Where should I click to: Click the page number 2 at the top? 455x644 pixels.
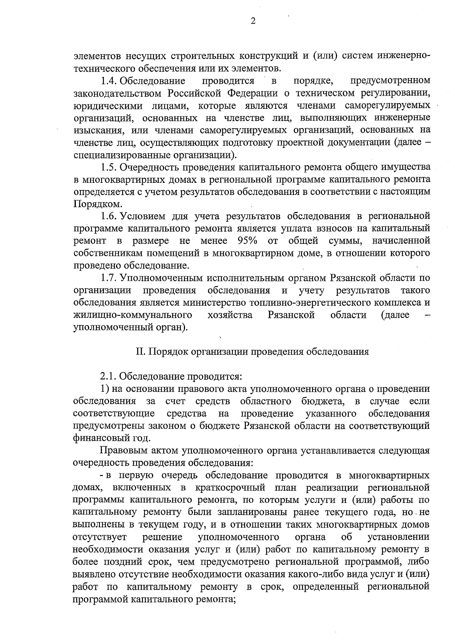(x=253, y=21)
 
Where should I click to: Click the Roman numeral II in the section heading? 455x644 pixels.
(x=139, y=352)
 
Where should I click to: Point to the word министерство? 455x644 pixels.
(x=215, y=303)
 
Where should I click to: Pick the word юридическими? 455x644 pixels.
(x=99, y=105)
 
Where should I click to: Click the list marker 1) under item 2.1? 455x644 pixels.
(x=104, y=389)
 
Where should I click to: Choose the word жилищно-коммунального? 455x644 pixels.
(x=132, y=315)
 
